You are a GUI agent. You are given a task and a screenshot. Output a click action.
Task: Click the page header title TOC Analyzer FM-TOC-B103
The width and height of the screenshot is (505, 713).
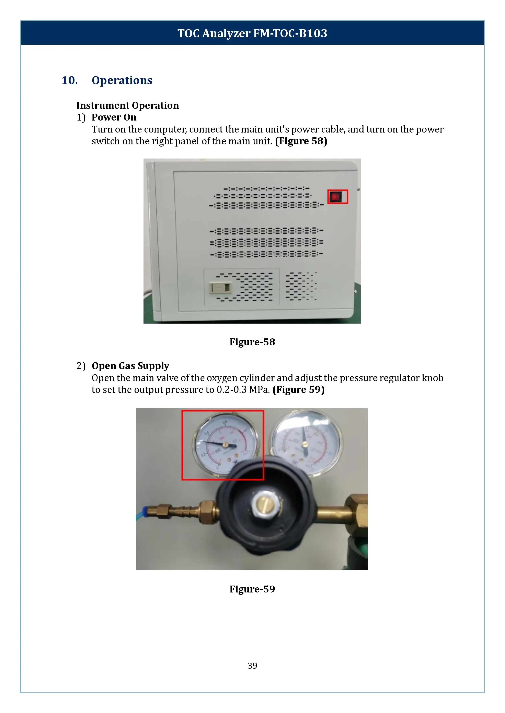tap(252, 33)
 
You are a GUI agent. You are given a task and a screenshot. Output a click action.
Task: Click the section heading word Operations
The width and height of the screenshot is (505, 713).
tap(122, 80)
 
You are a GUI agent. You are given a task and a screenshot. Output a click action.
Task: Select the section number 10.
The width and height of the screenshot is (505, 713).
tap(69, 80)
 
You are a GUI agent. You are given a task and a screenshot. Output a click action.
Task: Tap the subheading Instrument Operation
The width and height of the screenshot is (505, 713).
tap(127, 105)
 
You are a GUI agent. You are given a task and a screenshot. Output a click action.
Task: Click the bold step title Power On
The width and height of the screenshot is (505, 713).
tap(114, 117)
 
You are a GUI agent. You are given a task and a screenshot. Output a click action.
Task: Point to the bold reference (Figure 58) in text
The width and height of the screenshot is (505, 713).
tap(301, 141)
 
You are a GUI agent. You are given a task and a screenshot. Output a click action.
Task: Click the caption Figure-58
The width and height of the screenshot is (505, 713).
tap(252, 342)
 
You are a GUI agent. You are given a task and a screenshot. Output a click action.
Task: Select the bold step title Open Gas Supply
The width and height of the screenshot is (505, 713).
tap(130, 366)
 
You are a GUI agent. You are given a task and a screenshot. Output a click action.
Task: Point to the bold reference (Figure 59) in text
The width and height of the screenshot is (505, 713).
tap(299, 390)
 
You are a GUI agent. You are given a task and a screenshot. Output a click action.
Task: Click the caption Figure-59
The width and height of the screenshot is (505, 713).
tap(252, 589)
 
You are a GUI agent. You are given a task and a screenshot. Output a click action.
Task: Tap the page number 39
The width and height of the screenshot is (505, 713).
tap(252, 665)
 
